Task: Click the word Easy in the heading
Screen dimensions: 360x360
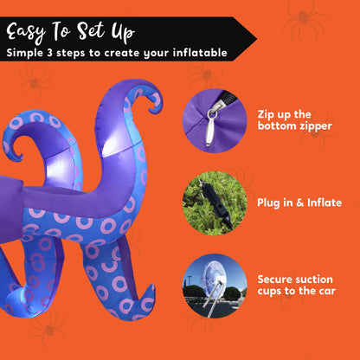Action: (26, 33)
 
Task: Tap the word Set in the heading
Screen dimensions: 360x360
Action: (91, 30)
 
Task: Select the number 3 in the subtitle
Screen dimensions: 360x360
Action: (48, 53)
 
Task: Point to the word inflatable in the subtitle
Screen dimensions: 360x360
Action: (200, 53)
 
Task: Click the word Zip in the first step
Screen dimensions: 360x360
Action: (266, 114)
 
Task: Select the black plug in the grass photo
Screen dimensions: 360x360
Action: (215, 203)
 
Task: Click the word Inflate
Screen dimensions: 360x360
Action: (325, 202)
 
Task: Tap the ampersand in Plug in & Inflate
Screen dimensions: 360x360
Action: (300, 202)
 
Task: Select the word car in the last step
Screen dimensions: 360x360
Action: (326, 291)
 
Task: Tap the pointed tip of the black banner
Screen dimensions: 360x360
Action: (256, 39)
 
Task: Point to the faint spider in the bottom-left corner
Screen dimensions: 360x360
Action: (48, 329)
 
